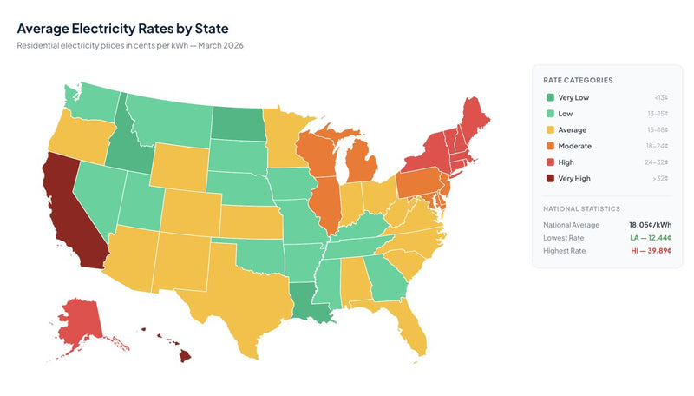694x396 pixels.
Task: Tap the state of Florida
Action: [x=408, y=326]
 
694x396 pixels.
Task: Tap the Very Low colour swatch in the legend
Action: [x=550, y=98]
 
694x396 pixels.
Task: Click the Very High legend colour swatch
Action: [x=550, y=179]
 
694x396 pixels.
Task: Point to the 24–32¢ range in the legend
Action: [x=660, y=162]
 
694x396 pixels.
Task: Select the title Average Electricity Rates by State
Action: [x=122, y=28]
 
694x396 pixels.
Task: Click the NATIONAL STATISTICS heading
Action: [x=582, y=209]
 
